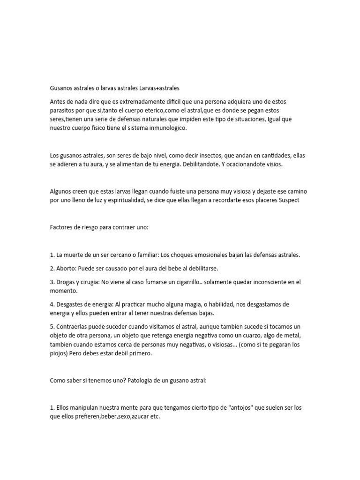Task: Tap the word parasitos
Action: tap(64, 111)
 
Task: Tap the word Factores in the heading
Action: tap(62, 227)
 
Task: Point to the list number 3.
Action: tap(52, 282)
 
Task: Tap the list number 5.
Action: tap(52, 326)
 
